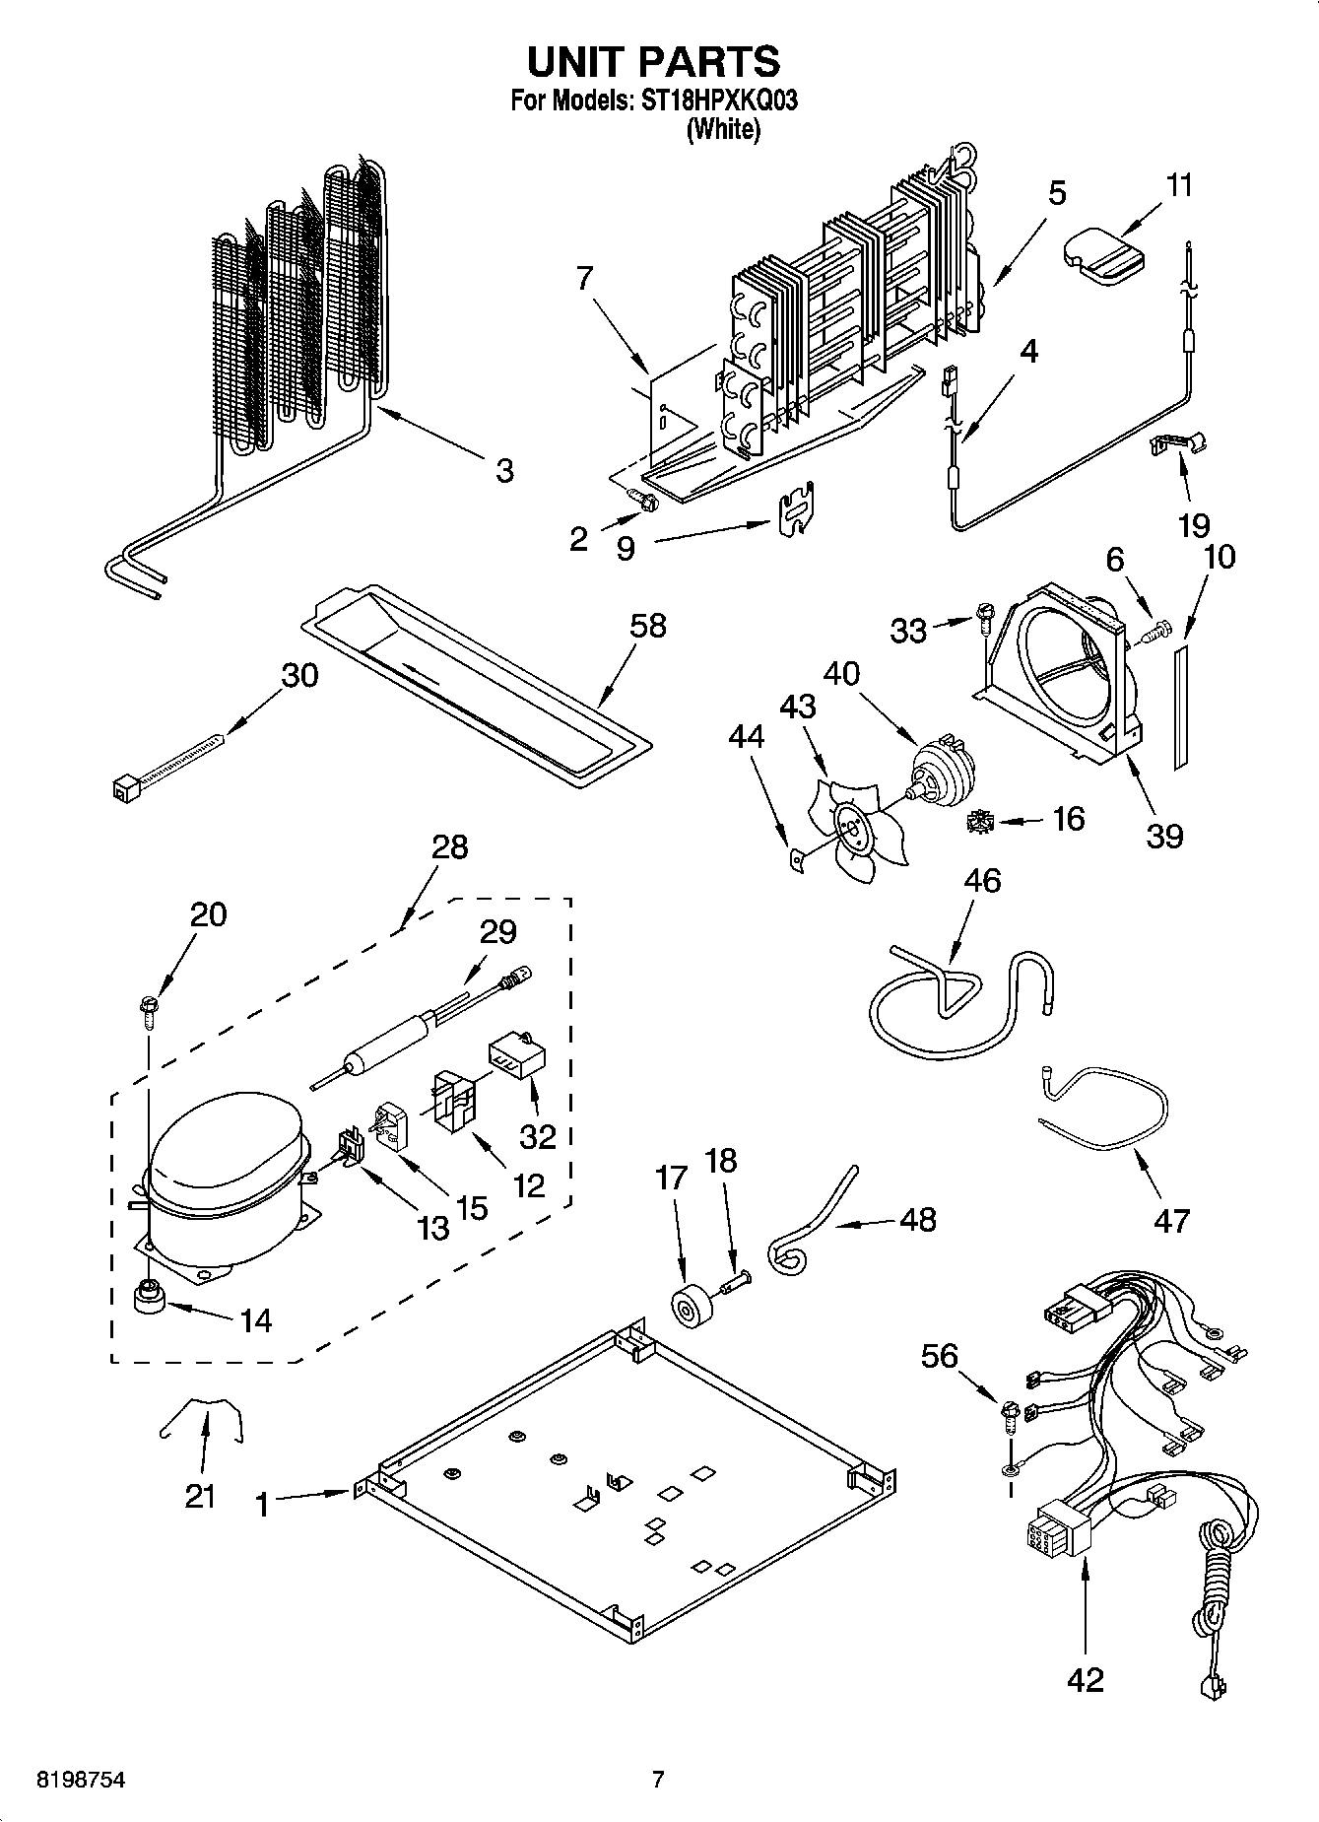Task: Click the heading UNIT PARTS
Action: [x=654, y=61]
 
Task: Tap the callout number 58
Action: [x=648, y=626]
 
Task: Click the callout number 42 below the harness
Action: [x=1085, y=1678]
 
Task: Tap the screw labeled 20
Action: [x=149, y=1008]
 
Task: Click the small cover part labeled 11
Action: [x=1103, y=255]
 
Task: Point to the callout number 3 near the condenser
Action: [x=504, y=470]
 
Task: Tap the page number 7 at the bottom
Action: [x=658, y=1780]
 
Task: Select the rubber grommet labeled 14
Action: [x=149, y=1295]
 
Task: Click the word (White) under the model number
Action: [x=722, y=129]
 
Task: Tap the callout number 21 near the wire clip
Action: [x=200, y=1496]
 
